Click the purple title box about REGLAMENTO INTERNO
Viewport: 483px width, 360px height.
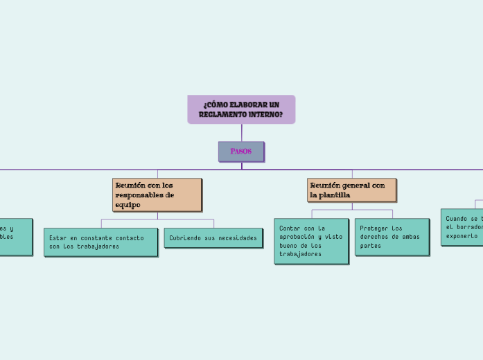[241, 109]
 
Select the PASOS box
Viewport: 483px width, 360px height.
[241, 152]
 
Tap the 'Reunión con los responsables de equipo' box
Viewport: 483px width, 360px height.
[157, 195]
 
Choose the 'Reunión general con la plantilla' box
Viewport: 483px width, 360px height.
[352, 190]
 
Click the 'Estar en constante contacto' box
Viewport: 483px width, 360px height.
[100, 242]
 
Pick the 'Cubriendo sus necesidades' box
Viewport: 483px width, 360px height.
[213, 237]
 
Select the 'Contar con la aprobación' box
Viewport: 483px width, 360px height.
[311, 240]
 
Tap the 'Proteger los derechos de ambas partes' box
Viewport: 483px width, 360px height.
[392, 236]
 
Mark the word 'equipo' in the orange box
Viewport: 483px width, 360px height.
[128, 205]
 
